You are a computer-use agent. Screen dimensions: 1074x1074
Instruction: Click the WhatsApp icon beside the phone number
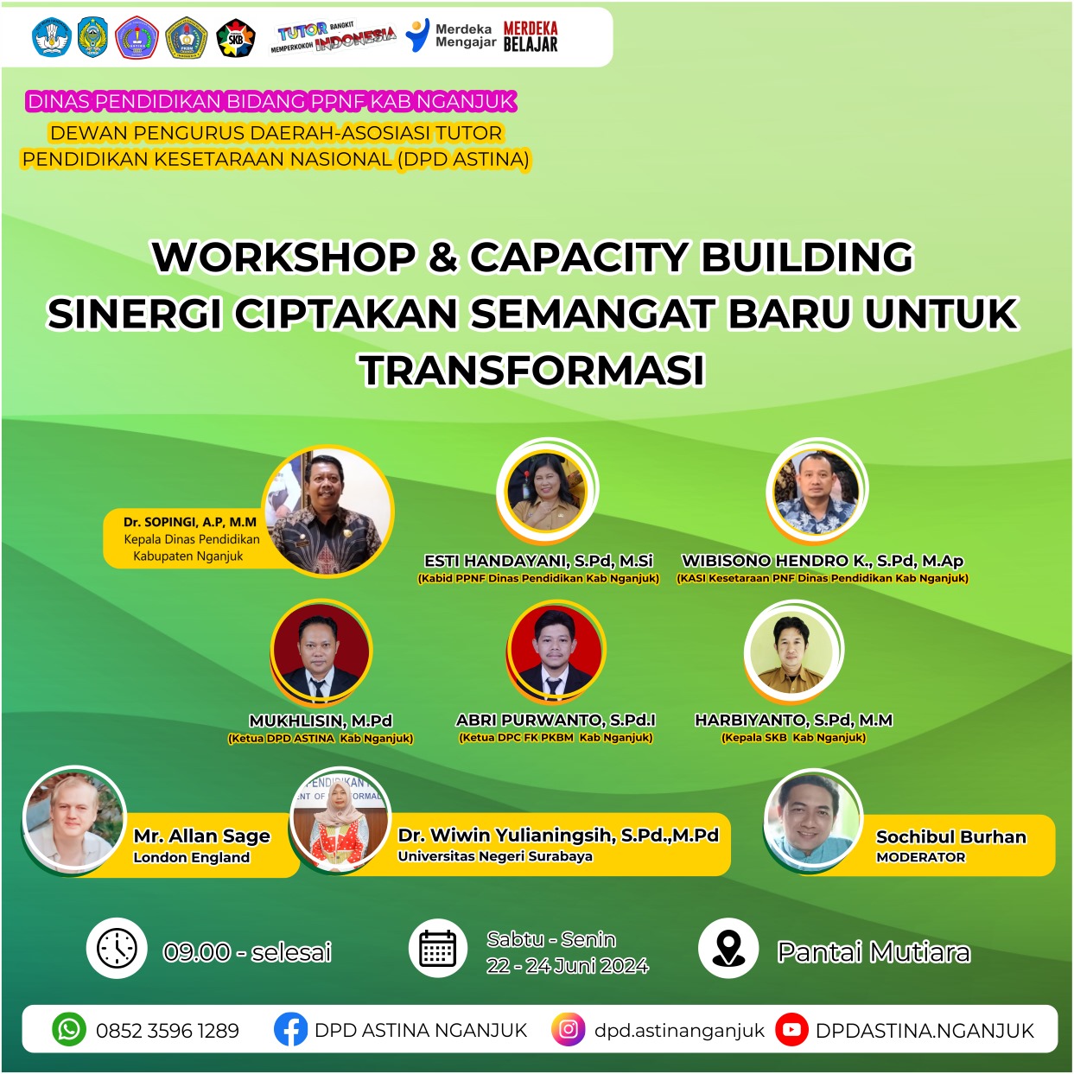click(x=69, y=1029)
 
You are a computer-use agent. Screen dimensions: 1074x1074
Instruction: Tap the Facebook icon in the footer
click(x=290, y=1029)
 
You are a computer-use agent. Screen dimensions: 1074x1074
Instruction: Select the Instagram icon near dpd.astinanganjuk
click(x=568, y=1029)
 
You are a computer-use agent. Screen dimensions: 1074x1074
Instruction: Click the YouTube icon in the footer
click(x=791, y=1029)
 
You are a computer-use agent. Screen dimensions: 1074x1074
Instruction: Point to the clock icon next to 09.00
click(x=117, y=948)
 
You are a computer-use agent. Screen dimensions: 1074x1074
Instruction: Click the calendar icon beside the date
click(x=438, y=948)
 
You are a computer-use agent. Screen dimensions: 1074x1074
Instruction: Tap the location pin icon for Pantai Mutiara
click(x=728, y=948)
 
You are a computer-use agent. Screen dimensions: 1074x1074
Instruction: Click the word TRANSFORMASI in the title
click(x=532, y=370)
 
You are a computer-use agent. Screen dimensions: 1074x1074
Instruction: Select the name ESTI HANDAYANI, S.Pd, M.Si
click(x=538, y=560)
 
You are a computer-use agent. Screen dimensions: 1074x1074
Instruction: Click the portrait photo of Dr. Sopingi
click(x=328, y=512)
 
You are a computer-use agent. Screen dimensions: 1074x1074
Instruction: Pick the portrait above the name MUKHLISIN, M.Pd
click(x=321, y=651)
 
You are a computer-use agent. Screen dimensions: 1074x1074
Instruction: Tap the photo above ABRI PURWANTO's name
click(x=556, y=651)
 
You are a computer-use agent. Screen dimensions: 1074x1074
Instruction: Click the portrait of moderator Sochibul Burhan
click(x=813, y=820)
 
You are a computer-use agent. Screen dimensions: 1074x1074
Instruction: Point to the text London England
click(x=191, y=857)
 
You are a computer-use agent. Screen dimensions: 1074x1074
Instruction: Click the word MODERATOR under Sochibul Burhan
click(x=920, y=857)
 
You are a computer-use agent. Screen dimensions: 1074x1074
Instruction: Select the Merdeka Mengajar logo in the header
click(x=450, y=35)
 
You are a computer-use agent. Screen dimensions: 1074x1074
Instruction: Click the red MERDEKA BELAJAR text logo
click(x=530, y=36)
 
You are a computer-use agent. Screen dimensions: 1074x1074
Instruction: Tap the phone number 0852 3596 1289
click(x=168, y=1031)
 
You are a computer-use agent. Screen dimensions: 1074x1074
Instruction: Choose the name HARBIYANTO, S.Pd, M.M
click(x=794, y=720)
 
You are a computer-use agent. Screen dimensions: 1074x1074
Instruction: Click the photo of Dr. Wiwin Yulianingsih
click(x=340, y=820)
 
